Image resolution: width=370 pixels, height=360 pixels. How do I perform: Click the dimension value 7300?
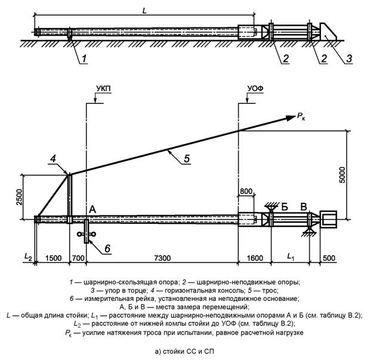click(162, 258)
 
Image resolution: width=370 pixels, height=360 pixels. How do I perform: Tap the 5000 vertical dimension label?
click(342, 175)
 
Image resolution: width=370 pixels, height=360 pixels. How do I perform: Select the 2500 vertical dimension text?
click(20, 197)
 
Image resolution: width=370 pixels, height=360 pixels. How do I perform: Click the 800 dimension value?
click(246, 191)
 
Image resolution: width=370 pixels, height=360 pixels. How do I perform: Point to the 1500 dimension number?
click(54, 258)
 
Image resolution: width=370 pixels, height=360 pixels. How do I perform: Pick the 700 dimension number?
click(78, 258)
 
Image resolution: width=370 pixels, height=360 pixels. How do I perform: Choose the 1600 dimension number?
click(255, 258)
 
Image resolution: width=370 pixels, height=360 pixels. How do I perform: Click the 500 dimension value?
click(329, 258)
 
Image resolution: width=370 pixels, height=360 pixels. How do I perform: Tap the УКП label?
click(103, 89)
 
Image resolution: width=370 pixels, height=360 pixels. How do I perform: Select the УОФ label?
click(255, 89)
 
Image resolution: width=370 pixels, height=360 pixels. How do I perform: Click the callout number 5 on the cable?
click(187, 158)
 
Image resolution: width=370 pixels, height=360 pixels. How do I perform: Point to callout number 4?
click(53, 159)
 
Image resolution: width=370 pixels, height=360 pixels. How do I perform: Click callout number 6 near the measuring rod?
click(107, 248)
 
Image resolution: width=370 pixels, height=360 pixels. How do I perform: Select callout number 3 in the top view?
click(349, 58)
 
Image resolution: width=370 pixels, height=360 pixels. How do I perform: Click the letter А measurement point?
click(92, 209)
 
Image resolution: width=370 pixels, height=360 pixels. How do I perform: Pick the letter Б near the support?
click(285, 207)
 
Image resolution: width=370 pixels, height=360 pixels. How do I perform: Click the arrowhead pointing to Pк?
click(291, 118)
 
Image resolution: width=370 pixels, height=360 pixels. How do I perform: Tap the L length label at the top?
click(144, 10)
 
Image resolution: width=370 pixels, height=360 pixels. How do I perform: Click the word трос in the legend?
click(270, 290)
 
